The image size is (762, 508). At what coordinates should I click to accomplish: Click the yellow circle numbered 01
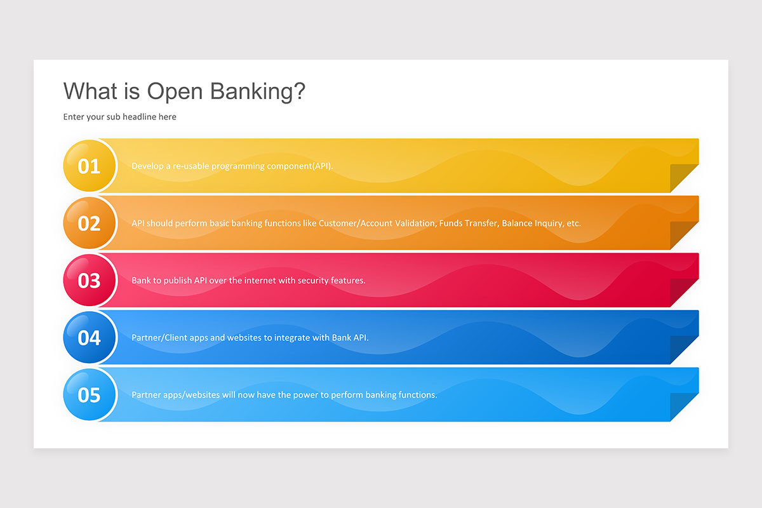click(x=90, y=166)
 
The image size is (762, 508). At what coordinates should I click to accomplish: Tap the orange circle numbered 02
click(x=90, y=223)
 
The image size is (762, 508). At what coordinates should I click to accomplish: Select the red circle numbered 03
click(x=90, y=280)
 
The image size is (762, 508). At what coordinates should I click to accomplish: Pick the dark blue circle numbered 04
click(x=90, y=337)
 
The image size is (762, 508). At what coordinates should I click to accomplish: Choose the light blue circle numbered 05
click(x=90, y=394)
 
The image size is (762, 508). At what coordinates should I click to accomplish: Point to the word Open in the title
click(x=176, y=91)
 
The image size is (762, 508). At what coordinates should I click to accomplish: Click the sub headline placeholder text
click(x=119, y=117)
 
